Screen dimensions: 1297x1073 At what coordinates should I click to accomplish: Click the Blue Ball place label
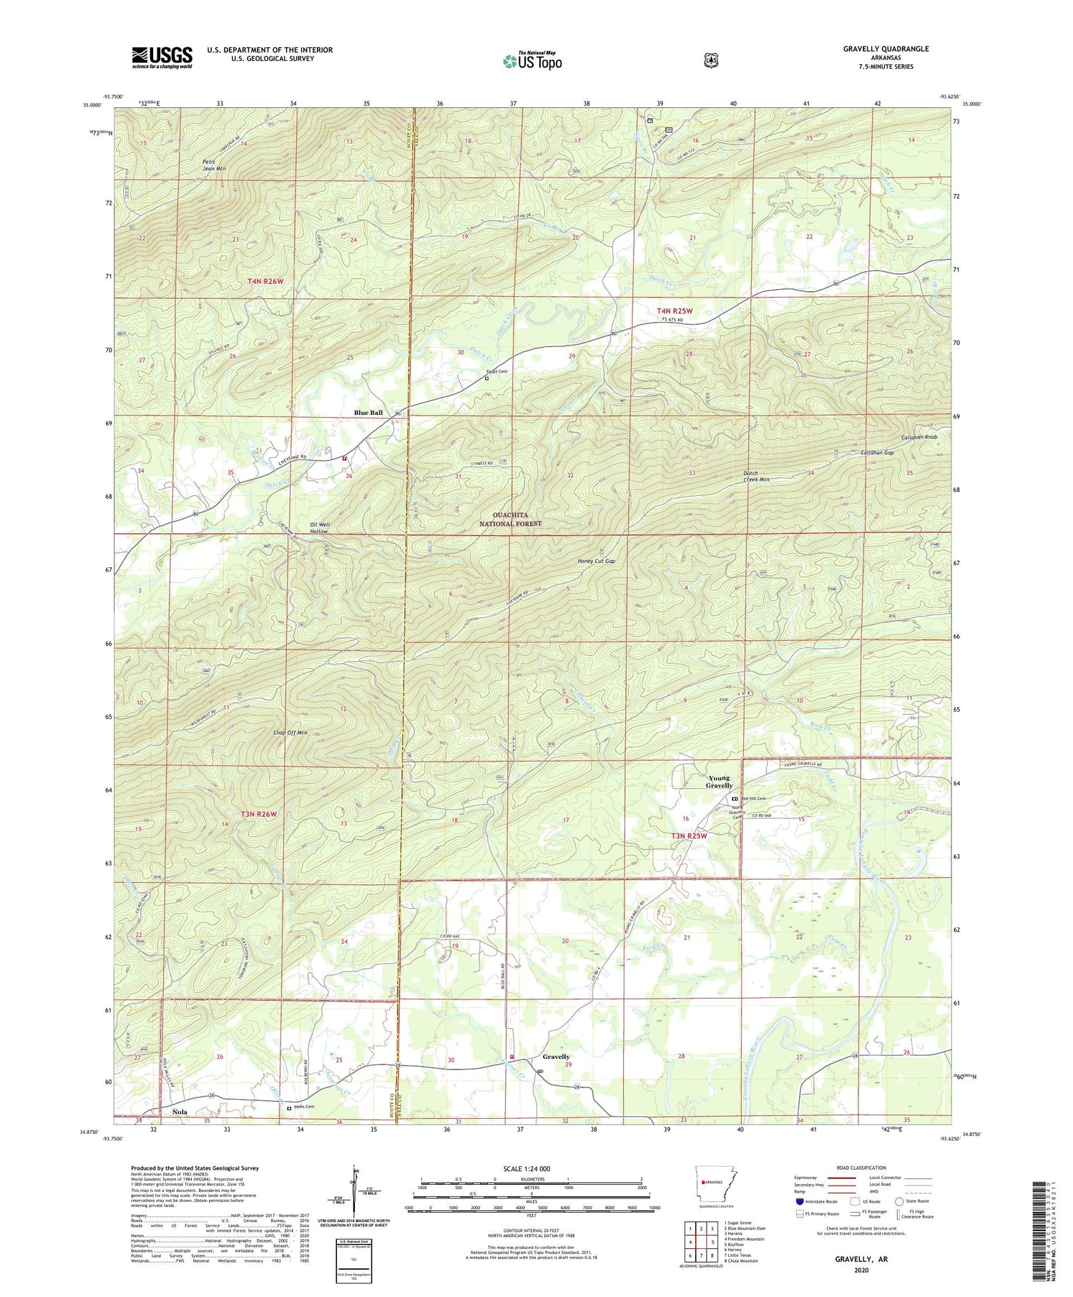[x=368, y=413]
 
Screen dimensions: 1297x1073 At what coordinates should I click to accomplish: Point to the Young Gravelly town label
[x=720, y=781]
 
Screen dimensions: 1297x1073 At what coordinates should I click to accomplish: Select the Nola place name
[x=181, y=1112]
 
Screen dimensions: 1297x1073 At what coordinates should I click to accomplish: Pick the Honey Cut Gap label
[x=596, y=562]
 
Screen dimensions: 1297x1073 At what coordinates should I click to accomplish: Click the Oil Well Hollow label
[x=319, y=528]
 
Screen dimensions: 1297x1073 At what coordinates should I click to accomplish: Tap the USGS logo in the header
[x=162, y=57]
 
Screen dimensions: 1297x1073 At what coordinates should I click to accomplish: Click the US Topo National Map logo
[x=532, y=60]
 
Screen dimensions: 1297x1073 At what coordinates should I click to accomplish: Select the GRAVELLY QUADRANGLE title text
[x=886, y=49]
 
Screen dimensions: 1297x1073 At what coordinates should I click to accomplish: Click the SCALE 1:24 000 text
[x=531, y=1168]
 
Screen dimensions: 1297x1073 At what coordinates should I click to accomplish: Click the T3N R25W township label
[x=688, y=836]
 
